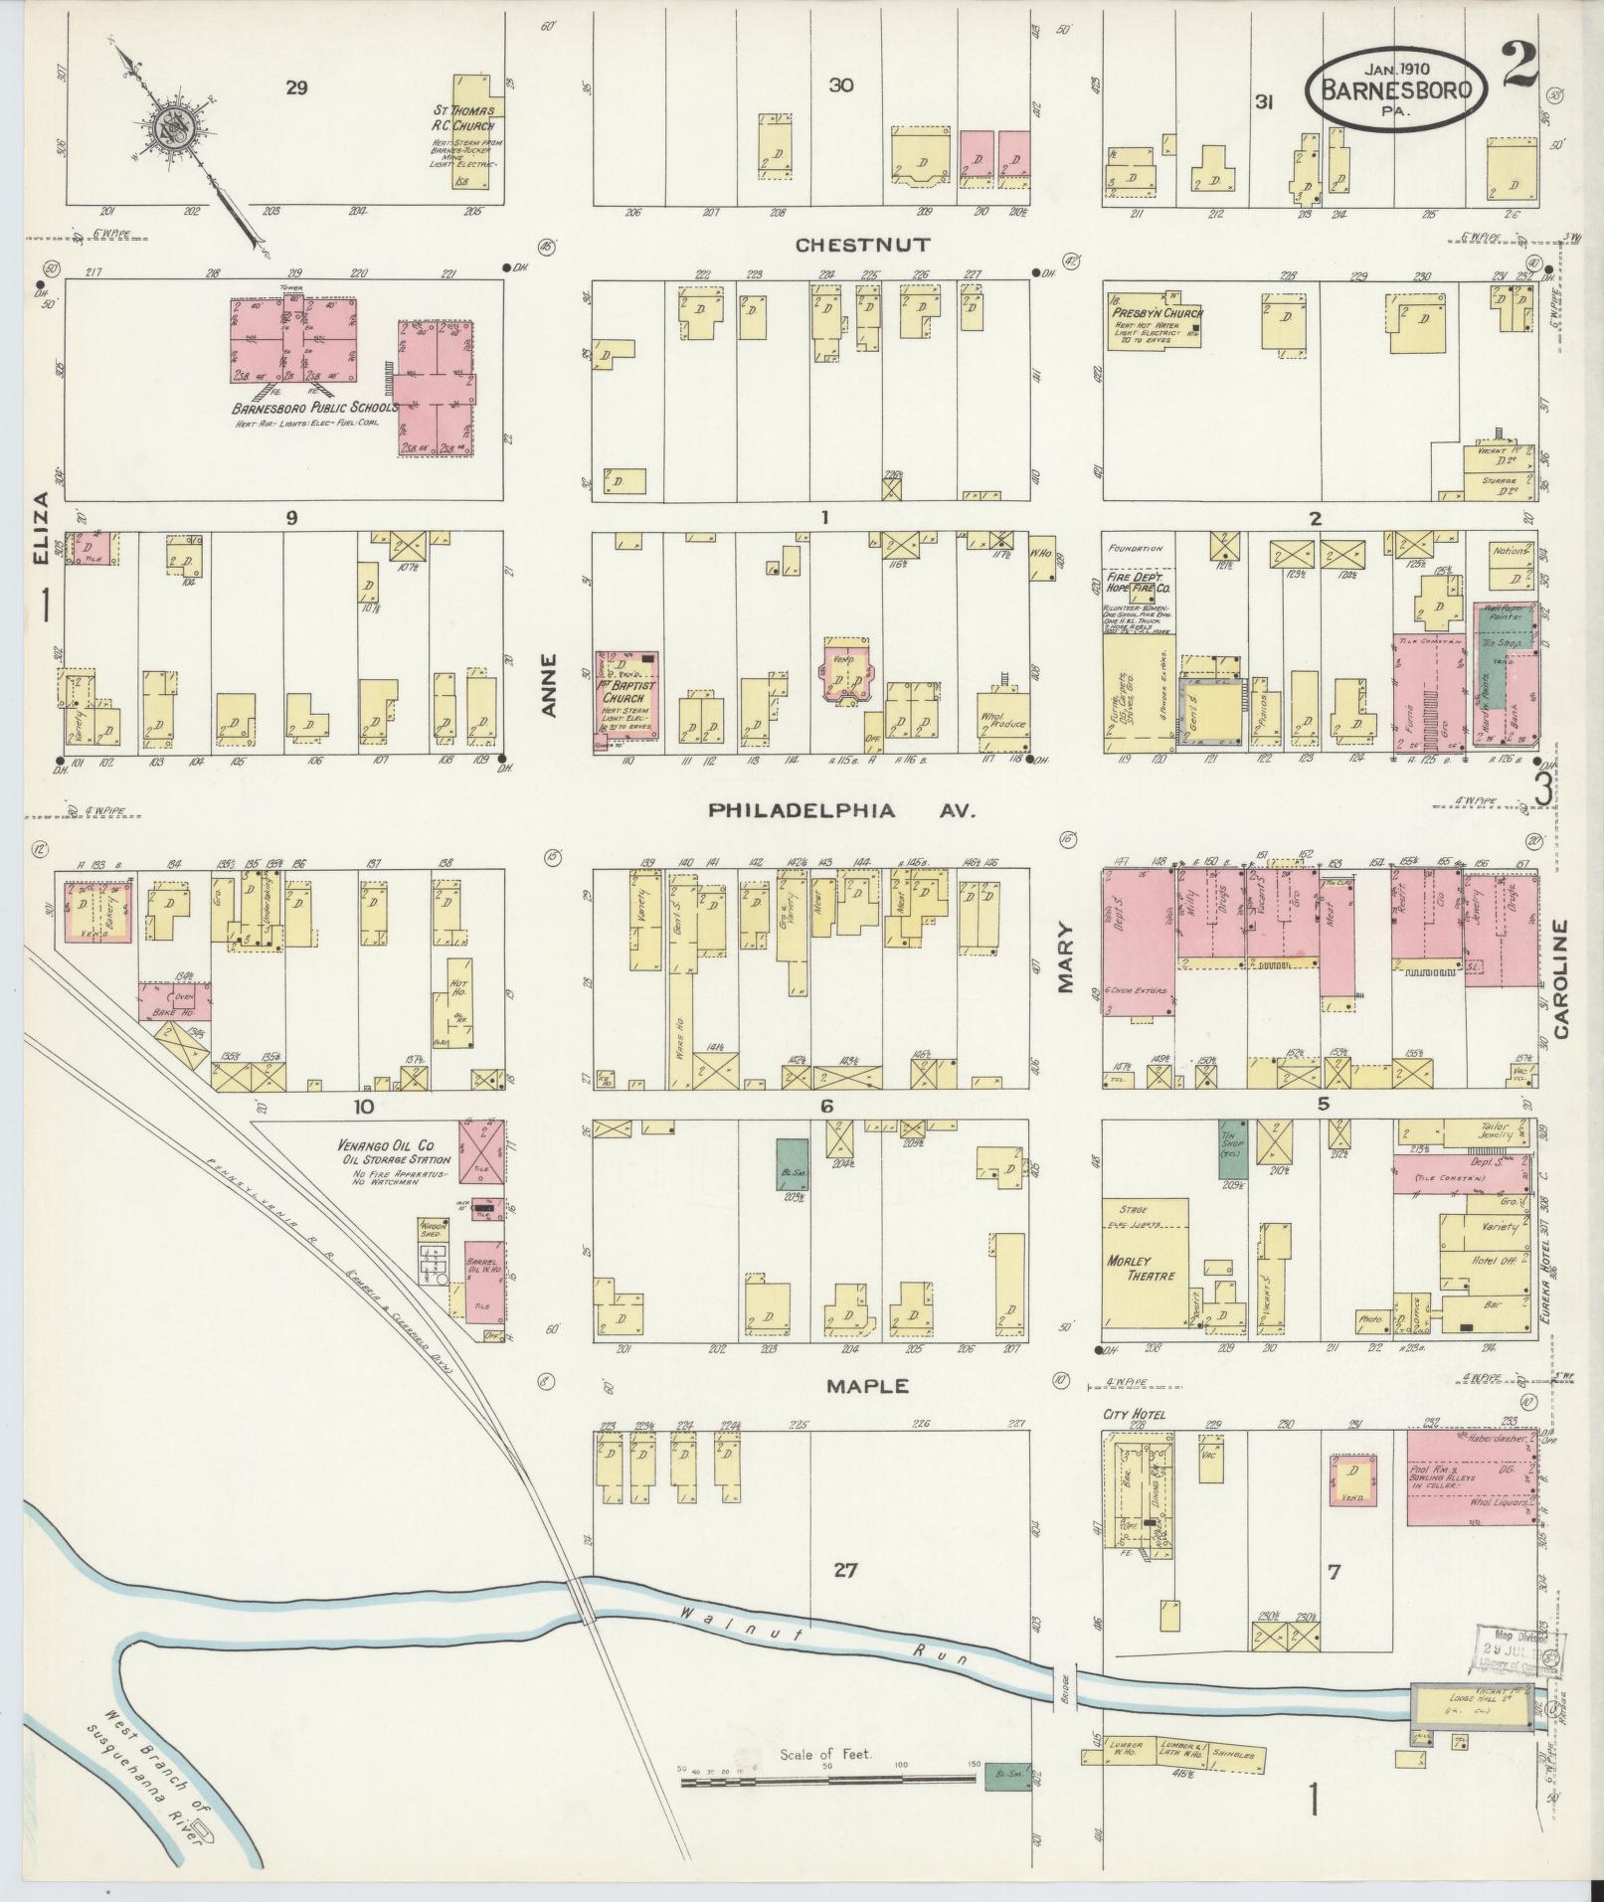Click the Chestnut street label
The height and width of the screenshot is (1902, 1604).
[x=862, y=245]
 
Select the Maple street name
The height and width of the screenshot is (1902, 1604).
[x=866, y=1385]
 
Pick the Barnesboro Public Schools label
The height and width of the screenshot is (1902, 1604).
[x=315, y=408]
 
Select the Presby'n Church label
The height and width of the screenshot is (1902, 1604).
[x=1144, y=312]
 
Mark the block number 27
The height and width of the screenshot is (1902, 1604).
[x=844, y=1570]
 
